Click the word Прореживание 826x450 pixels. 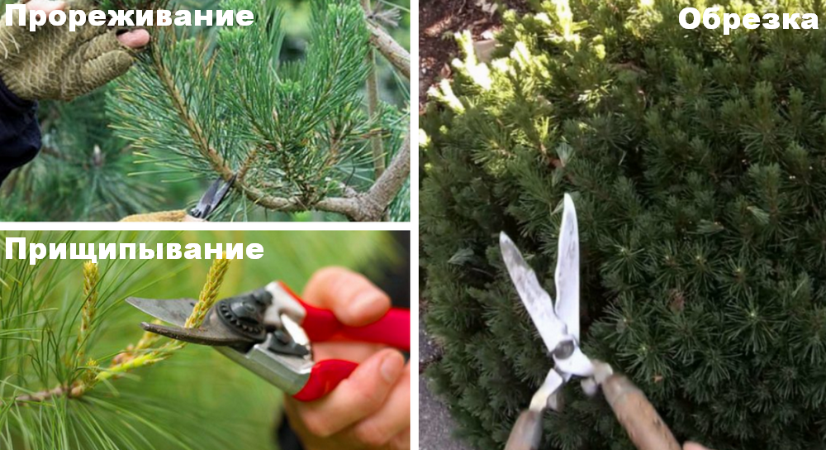coord(129,16)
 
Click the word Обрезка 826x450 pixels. coord(748,19)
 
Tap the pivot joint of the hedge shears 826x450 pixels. coord(563,348)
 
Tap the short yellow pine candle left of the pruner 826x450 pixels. coord(89,295)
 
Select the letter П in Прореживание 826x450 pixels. coord(15,16)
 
